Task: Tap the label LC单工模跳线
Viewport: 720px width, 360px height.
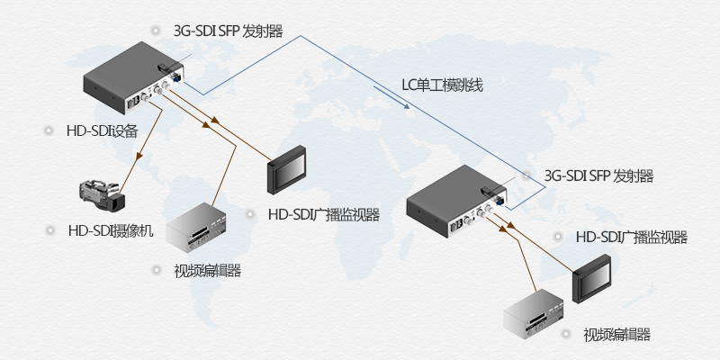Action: point(442,86)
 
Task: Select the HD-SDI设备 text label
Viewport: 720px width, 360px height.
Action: point(102,131)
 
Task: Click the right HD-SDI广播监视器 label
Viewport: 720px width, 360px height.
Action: point(631,238)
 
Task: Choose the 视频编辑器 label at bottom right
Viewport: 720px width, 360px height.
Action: point(616,335)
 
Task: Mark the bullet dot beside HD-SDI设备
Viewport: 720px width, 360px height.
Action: point(47,131)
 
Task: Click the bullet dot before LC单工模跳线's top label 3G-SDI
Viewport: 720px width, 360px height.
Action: point(155,31)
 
